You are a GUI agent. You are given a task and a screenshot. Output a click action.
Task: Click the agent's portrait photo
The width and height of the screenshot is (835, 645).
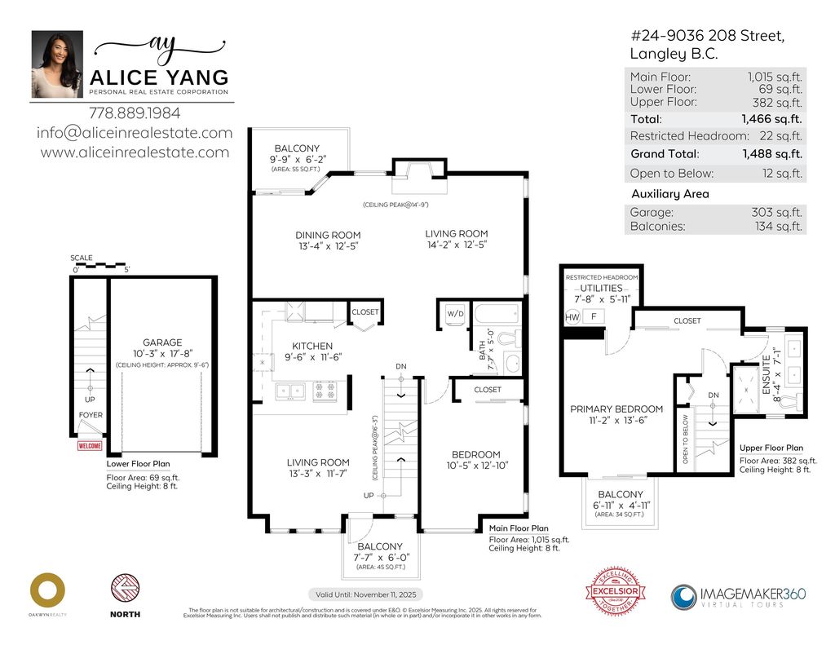(57, 64)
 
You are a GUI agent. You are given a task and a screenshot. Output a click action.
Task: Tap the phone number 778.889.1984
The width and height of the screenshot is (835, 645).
(135, 113)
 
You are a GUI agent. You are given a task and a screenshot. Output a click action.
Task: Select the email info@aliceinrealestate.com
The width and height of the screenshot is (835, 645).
(135, 133)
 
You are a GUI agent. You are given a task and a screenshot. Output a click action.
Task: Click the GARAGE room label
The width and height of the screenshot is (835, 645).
(161, 342)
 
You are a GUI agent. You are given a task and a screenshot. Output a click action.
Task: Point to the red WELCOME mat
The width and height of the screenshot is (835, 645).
(90, 446)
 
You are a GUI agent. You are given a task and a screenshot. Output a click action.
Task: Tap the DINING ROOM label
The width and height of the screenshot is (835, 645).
(328, 235)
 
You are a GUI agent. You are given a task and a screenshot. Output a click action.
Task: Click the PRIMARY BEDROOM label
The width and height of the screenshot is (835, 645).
(616, 409)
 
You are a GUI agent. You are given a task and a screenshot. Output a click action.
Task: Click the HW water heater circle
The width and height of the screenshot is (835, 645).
(572, 316)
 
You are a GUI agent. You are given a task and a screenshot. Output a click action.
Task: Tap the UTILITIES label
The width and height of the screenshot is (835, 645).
(602, 289)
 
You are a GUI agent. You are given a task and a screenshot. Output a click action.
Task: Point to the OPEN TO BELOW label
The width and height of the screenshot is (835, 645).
(685, 440)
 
